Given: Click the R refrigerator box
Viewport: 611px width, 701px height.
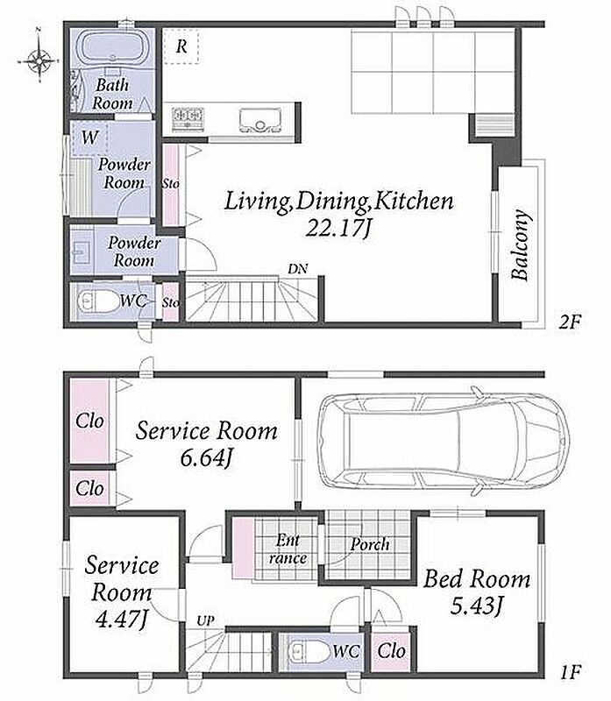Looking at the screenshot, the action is click(x=181, y=46).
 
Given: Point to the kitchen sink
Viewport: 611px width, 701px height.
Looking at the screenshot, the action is click(x=259, y=120).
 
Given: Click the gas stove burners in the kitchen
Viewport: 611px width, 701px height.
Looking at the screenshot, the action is click(x=188, y=118).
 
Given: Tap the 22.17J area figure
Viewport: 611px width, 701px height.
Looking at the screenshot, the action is click(x=338, y=229).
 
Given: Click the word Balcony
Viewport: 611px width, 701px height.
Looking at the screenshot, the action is click(x=521, y=244).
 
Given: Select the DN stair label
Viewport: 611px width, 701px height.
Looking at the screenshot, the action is click(x=297, y=269).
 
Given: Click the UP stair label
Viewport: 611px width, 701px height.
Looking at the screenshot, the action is click(x=205, y=621).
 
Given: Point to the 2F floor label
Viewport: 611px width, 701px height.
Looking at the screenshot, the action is click(x=569, y=322).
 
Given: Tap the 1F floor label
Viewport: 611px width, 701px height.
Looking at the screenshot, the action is click(x=570, y=672).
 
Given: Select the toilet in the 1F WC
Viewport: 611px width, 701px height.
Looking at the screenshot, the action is click(x=308, y=651).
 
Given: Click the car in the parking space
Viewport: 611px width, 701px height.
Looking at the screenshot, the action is click(x=443, y=441).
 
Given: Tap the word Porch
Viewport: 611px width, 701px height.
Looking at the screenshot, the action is click(x=369, y=544).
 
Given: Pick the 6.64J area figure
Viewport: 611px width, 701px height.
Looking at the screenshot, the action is click(x=206, y=457).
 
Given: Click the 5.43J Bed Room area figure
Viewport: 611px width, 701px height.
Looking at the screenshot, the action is click(x=477, y=606).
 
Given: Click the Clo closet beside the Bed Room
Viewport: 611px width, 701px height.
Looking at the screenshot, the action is click(x=391, y=650).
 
